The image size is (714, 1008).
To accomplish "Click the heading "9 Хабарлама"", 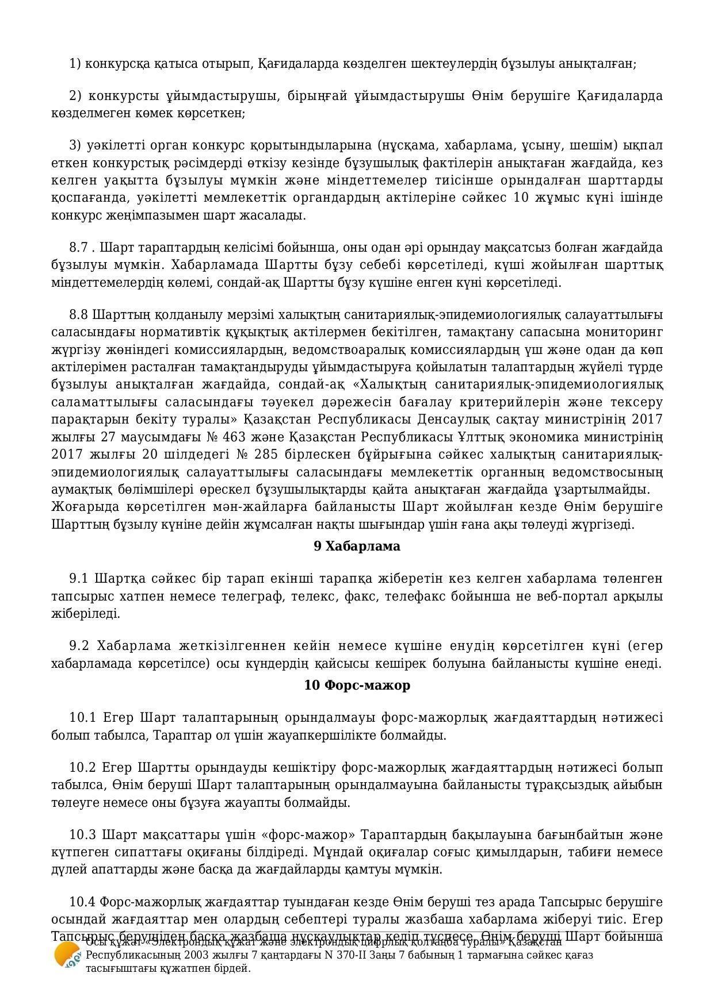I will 357,546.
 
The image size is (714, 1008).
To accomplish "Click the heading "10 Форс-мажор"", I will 357,685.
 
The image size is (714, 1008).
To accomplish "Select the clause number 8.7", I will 81,248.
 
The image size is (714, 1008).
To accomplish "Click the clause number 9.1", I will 80,578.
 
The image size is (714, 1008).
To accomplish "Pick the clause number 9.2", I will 80,645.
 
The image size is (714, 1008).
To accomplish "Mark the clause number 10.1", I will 82,718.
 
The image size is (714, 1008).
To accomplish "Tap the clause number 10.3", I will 82,834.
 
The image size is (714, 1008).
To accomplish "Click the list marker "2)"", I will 77,95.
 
